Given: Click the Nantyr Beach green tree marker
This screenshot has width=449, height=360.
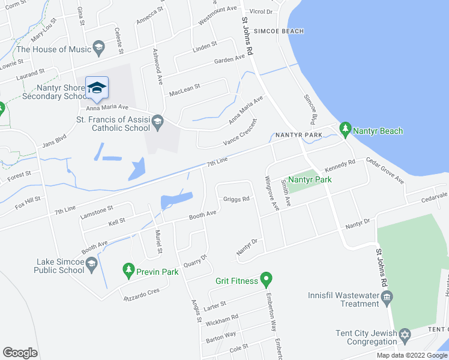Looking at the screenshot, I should click(x=345, y=128).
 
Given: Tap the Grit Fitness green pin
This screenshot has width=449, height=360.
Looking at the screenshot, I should click(x=267, y=279).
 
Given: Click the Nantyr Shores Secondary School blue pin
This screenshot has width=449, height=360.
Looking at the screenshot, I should click(x=97, y=89).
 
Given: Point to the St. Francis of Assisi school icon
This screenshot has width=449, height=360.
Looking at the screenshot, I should click(x=157, y=122).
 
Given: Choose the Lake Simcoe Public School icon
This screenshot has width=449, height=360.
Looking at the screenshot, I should click(x=91, y=264).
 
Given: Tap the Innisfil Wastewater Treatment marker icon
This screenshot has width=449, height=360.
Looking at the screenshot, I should click(x=387, y=297).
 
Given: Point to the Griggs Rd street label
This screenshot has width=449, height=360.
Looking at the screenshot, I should click(x=236, y=199).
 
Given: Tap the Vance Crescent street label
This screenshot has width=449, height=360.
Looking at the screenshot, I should click(x=240, y=132).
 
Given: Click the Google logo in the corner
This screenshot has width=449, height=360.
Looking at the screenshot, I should click(x=20, y=353).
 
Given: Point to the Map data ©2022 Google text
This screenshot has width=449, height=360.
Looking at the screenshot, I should click(x=412, y=355).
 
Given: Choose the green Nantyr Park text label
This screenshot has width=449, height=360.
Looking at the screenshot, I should click(x=310, y=179).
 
